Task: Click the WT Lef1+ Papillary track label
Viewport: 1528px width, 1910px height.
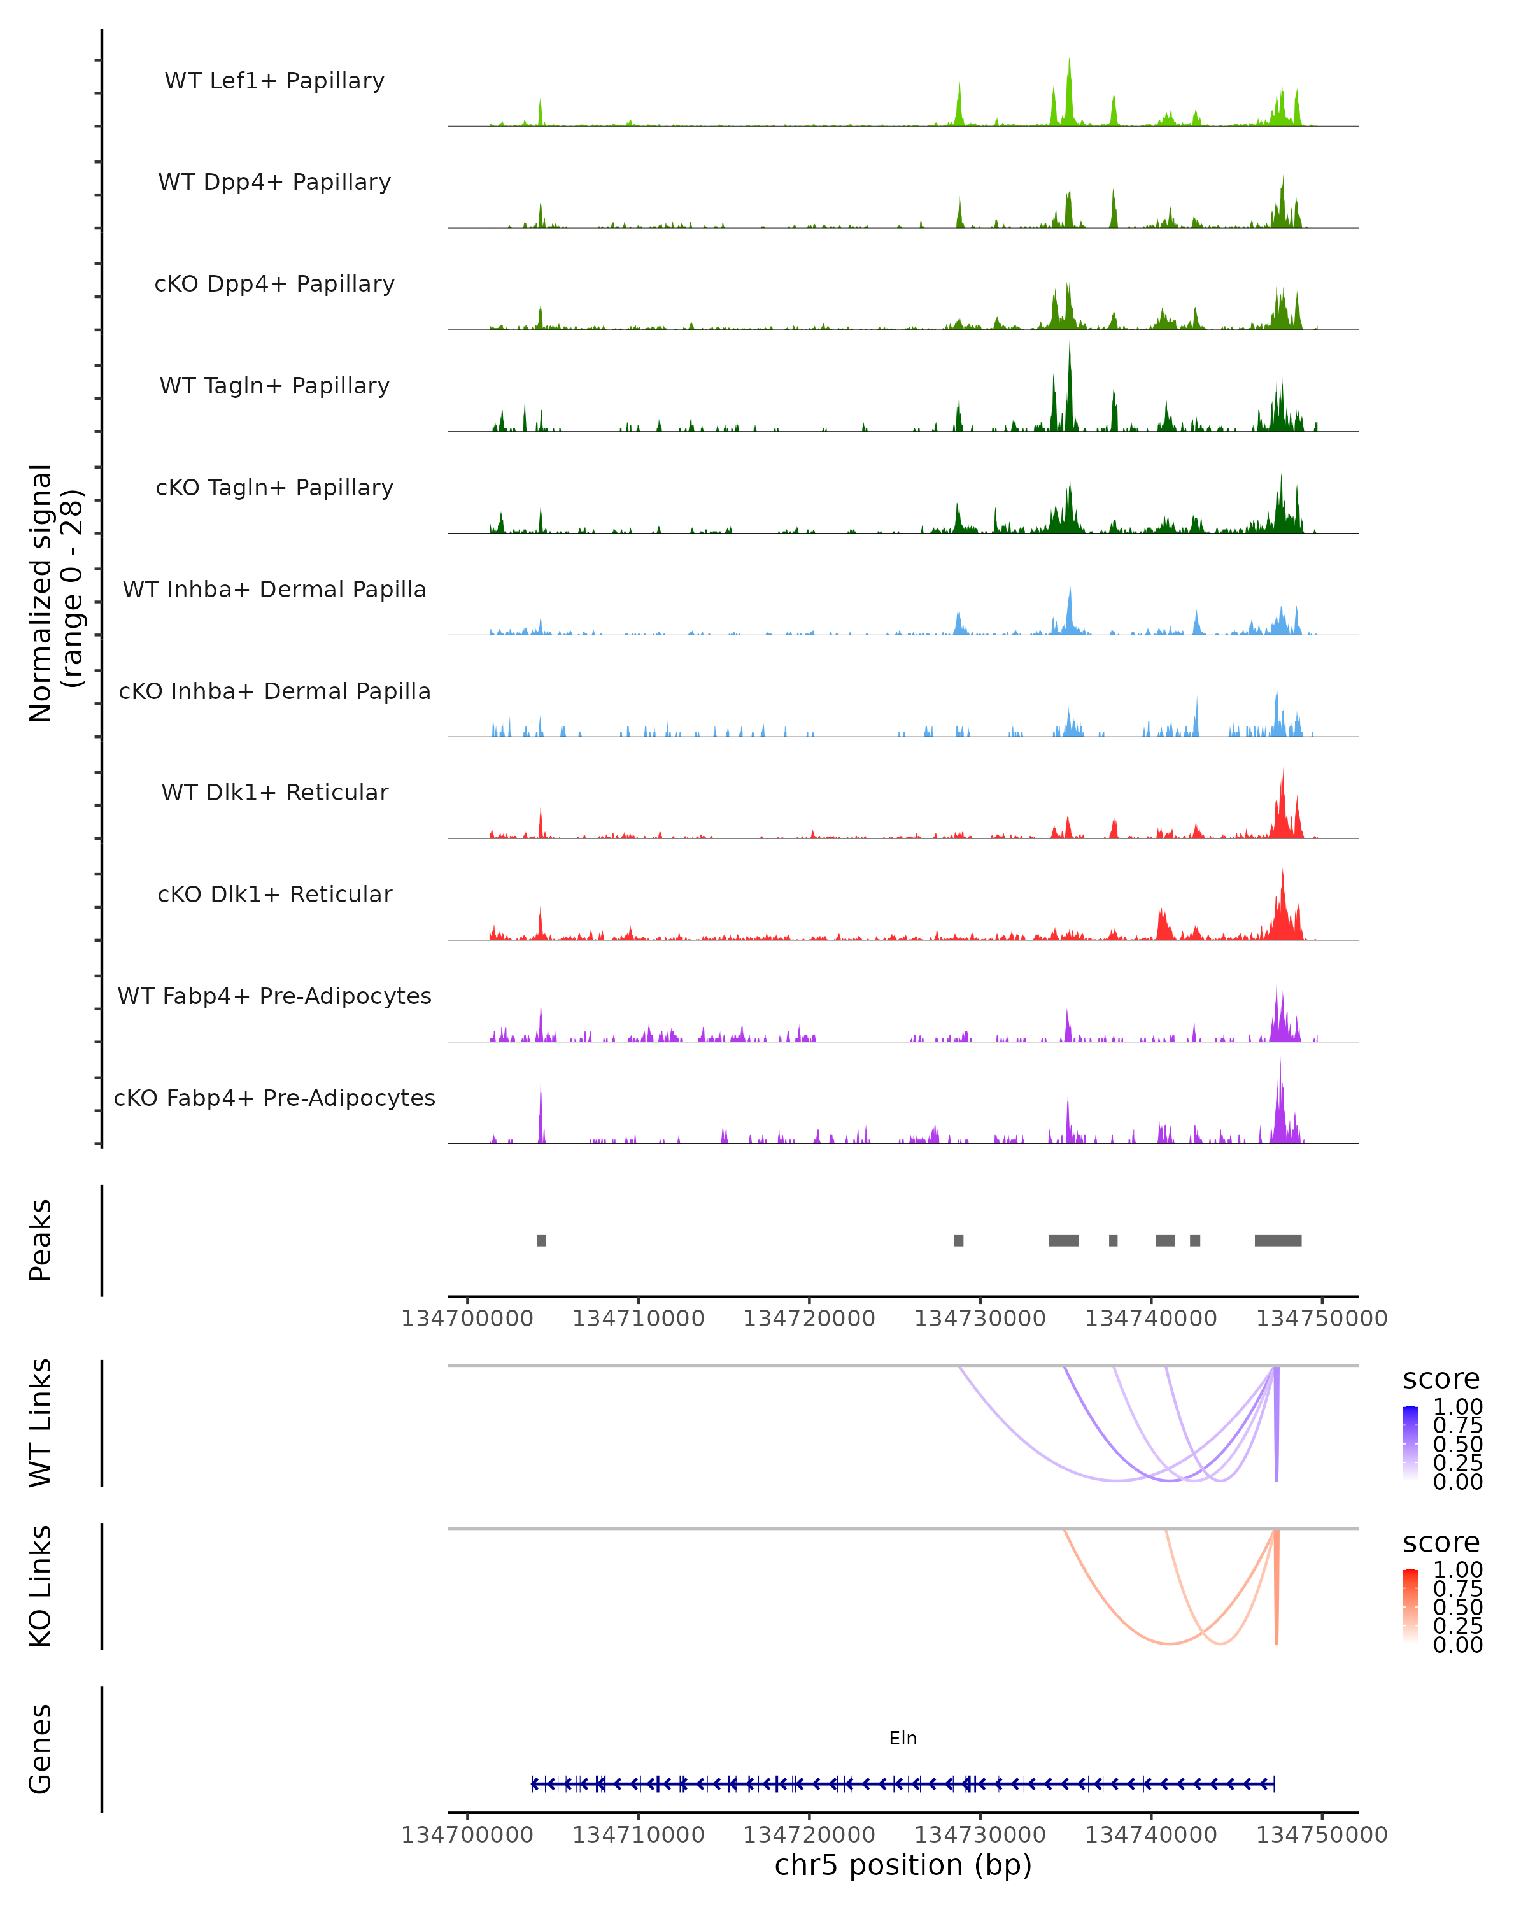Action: (x=274, y=81)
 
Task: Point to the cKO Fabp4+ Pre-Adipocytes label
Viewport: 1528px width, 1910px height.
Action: (x=274, y=1098)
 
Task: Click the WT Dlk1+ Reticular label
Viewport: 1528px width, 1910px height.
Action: (x=274, y=792)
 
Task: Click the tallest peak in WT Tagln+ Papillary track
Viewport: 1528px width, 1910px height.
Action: (x=1069, y=350)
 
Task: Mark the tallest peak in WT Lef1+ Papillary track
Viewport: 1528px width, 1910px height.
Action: (x=1069, y=62)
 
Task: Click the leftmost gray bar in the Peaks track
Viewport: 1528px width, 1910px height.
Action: (x=541, y=1240)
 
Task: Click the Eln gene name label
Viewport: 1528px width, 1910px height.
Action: (x=903, y=1738)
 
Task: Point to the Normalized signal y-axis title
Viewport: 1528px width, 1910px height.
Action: (x=55, y=593)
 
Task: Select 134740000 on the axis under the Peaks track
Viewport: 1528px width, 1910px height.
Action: (x=1150, y=1319)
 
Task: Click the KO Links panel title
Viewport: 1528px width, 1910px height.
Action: (x=41, y=1586)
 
